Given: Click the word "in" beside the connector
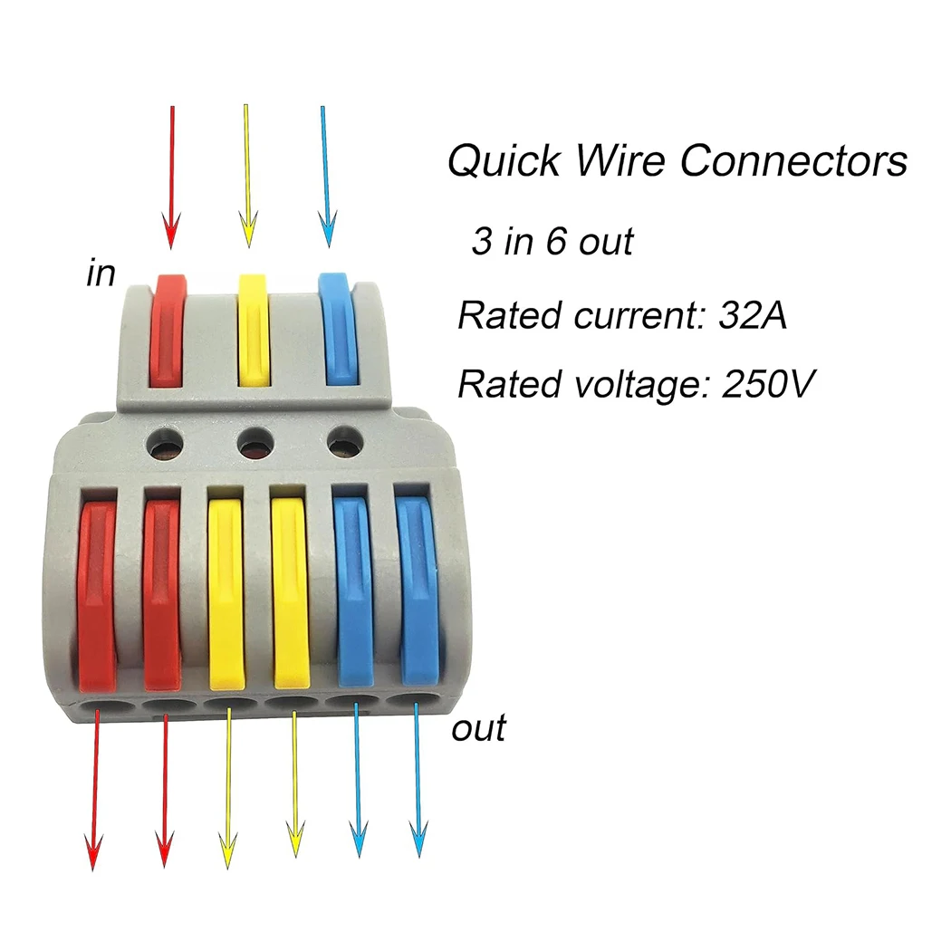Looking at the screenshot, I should [x=101, y=273].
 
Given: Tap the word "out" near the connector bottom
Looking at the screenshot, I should [x=478, y=728].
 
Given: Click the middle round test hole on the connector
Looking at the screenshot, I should [x=255, y=444].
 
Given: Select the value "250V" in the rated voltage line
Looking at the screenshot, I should [x=769, y=383].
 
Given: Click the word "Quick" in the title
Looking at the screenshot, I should [x=504, y=162].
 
